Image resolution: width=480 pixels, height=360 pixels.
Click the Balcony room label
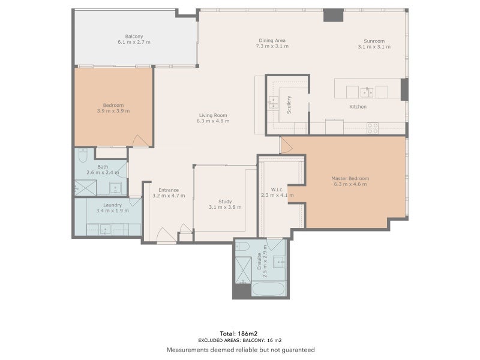click(x=134, y=37)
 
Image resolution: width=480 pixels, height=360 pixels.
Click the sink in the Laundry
click(x=105, y=229)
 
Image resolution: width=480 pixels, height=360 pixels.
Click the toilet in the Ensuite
click(x=242, y=247)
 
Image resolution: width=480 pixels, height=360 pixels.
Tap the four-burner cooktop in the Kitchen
click(x=373, y=128)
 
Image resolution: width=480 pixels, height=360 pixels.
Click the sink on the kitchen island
click(x=367, y=92)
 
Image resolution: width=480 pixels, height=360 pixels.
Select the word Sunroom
click(x=371, y=41)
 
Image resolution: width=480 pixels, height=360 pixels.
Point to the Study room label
click(x=225, y=202)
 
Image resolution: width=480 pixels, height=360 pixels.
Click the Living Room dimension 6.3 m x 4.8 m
click(x=212, y=121)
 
